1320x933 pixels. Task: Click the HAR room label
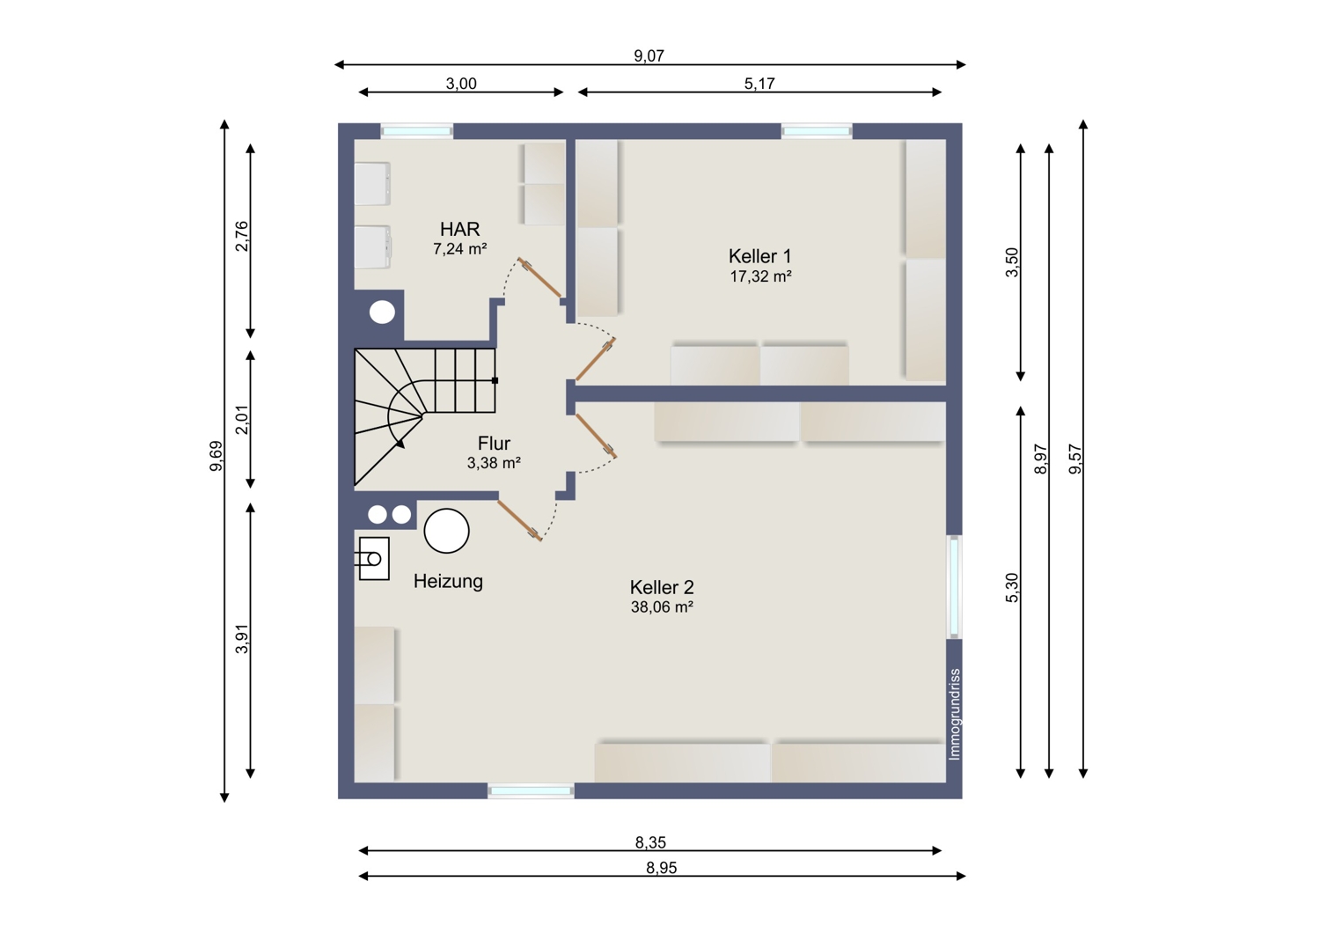point(459,229)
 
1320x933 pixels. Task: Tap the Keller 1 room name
point(759,256)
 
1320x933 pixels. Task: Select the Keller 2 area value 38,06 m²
point(662,607)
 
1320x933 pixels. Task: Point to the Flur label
point(494,444)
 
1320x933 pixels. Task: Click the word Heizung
point(448,581)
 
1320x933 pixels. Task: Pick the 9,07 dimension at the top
point(649,56)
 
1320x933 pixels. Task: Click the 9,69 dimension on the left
point(216,456)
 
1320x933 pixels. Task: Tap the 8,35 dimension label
point(650,843)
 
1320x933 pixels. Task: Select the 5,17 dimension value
point(759,84)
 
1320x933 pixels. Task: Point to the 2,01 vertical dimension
point(242,420)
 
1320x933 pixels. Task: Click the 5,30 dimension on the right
point(1011,588)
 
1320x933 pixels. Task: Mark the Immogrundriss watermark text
point(955,715)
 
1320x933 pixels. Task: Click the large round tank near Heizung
point(447,531)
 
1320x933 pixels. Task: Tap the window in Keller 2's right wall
point(954,586)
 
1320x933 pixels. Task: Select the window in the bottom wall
point(531,791)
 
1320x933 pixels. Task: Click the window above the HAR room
point(416,131)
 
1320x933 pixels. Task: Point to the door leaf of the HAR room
point(539,277)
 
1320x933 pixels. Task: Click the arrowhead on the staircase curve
point(400,444)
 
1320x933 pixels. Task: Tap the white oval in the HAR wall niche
point(383,312)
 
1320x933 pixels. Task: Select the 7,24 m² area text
point(459,249)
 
